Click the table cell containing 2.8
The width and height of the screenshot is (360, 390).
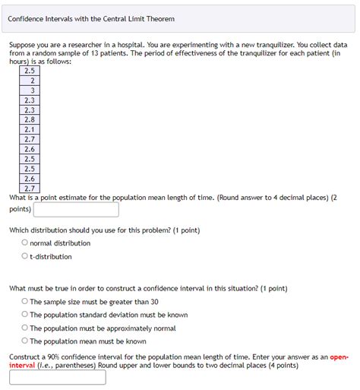pyautogui.click(x=30, y=119)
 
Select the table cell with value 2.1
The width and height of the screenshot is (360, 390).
pyautogui.click(x=30, y=129)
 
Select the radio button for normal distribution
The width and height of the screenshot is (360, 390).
pyautogui.click(x=25, y=243)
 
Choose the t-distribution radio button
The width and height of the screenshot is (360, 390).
pyautogui.click(x=25, y=256)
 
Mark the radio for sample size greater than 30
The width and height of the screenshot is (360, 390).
pyautogui.click(x=25, y=302)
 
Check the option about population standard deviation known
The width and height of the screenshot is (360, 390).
pyautogui.click(x=25, y=315)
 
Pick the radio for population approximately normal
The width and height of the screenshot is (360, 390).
pyautogui.click(x=25, y=328)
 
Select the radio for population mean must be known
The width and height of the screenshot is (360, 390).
pyautogui.click(x=25, y=341)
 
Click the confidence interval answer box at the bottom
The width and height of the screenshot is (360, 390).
pyautogui.click(x=58, y=377)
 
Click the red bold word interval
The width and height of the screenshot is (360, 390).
pyautogui.click(x=23, y=365)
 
